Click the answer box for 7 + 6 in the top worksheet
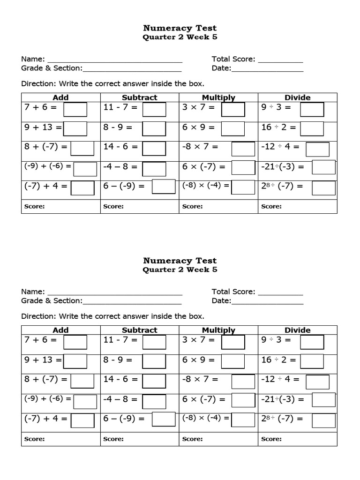(x=75, y=109)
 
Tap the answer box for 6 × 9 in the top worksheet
(x=233, y=128)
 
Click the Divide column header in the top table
(x=297, y=97)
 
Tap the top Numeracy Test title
(x=180, y=28)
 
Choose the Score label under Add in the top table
(x=35, y=206)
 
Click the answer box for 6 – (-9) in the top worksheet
(x=164, y=186)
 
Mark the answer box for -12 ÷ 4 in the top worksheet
(x=317, y=149)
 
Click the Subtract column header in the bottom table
(x=139, y=330)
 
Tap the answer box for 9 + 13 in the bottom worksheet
(x=75, y=361)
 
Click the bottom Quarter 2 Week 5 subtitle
(x=180, y=270)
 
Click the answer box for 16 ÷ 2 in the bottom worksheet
(x=312, y=361)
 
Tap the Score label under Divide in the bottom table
(x=271, y=439)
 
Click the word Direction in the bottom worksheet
(x=38, y=316)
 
